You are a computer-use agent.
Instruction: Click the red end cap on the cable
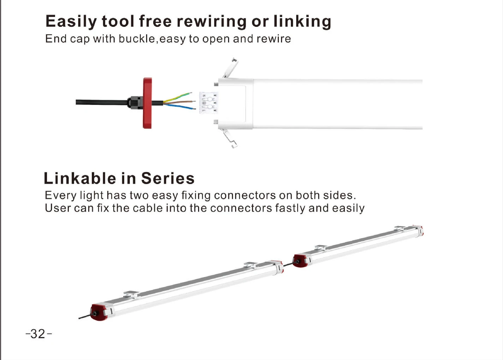click(x=147, y=103)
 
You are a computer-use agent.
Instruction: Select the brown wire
click(x=180, y=102)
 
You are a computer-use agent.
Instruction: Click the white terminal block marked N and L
click(x=208, y=102)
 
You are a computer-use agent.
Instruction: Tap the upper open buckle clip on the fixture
click(x=230, y=67)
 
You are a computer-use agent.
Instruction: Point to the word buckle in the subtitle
click(x=137, y=39)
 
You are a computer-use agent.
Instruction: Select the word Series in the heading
click(x=168, y=178)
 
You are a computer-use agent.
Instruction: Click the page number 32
click(x=38, y=334)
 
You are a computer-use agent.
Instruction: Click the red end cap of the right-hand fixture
click(x=300, y=261)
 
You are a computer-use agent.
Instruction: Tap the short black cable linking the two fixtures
click(x=288, y=264)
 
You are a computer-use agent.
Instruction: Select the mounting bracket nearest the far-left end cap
click(x=131, y=294)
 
